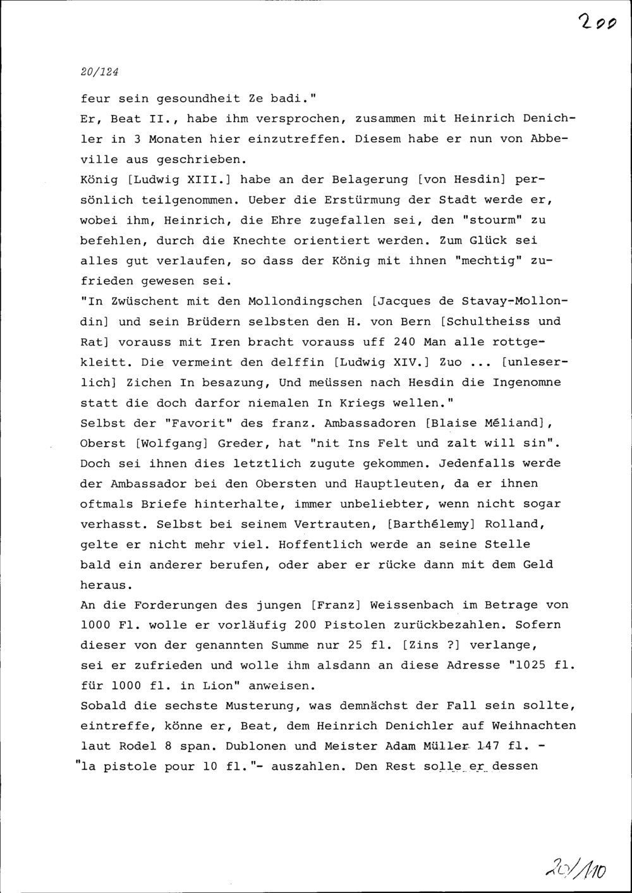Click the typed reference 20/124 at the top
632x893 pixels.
pos(100,72)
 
